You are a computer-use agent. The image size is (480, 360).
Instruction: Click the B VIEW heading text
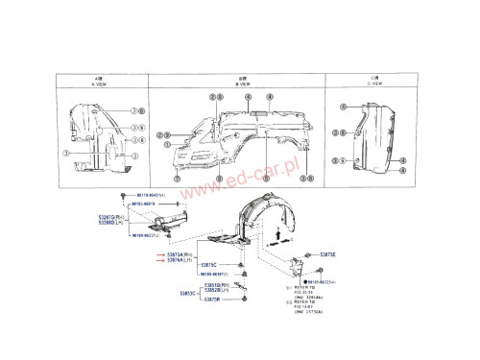pos(242,83)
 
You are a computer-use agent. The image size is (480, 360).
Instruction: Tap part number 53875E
pos(328,254)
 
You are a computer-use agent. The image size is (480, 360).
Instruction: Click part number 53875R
pos(213,300)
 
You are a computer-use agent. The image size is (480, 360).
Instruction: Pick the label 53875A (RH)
pos(180,253)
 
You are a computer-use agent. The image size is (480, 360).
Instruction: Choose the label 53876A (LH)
pos(180,259)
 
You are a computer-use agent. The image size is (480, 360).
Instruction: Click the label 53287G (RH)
pos(107,217)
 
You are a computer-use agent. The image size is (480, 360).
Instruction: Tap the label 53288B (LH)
pos(107,223)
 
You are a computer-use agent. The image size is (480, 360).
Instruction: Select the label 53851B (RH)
pos(215,284)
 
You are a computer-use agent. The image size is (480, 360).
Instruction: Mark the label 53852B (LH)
pos(215,290)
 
